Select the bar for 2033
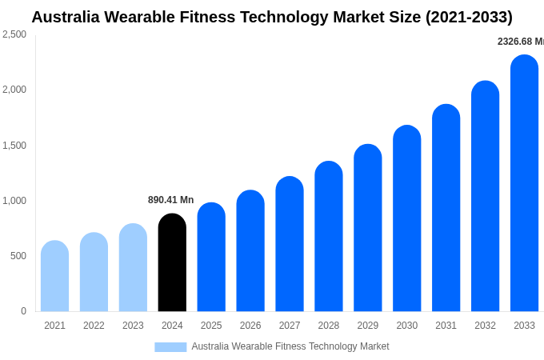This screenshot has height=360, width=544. [524, 183]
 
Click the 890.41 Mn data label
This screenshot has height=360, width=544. [170, 200]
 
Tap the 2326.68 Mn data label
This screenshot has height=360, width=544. [520, 42]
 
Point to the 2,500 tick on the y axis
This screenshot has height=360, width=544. [14, 34]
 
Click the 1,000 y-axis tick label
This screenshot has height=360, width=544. [14, 201]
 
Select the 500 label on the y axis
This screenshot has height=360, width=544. [18, 256]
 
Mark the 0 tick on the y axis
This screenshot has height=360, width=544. [23, 311]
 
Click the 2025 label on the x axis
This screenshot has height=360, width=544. [211, 326]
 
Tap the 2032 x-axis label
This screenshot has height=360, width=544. [485, 326]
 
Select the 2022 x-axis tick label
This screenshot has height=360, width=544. [94, 326]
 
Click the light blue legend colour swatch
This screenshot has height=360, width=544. [170, 347]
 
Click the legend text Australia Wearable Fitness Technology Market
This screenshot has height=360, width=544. [290, 346]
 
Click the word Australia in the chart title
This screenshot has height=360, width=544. [66, 17]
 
